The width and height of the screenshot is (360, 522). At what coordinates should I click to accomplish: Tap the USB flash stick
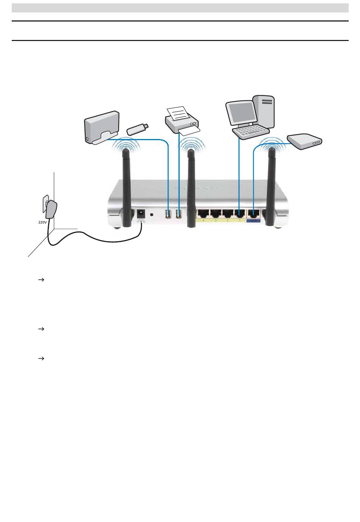(x=138, y=129)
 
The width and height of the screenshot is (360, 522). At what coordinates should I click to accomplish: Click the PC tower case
(x=265, y=110)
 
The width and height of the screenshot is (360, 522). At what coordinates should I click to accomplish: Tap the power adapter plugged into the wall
(x=50, y=211)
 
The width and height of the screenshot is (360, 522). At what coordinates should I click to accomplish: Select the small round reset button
(x=152, y=214)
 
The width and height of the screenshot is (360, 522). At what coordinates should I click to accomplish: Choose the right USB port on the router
(x=179, y=214)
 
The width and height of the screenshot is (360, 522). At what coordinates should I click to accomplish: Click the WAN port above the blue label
(x=252, y=214)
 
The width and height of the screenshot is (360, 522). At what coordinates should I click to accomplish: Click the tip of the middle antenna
(x=191, y=151)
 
